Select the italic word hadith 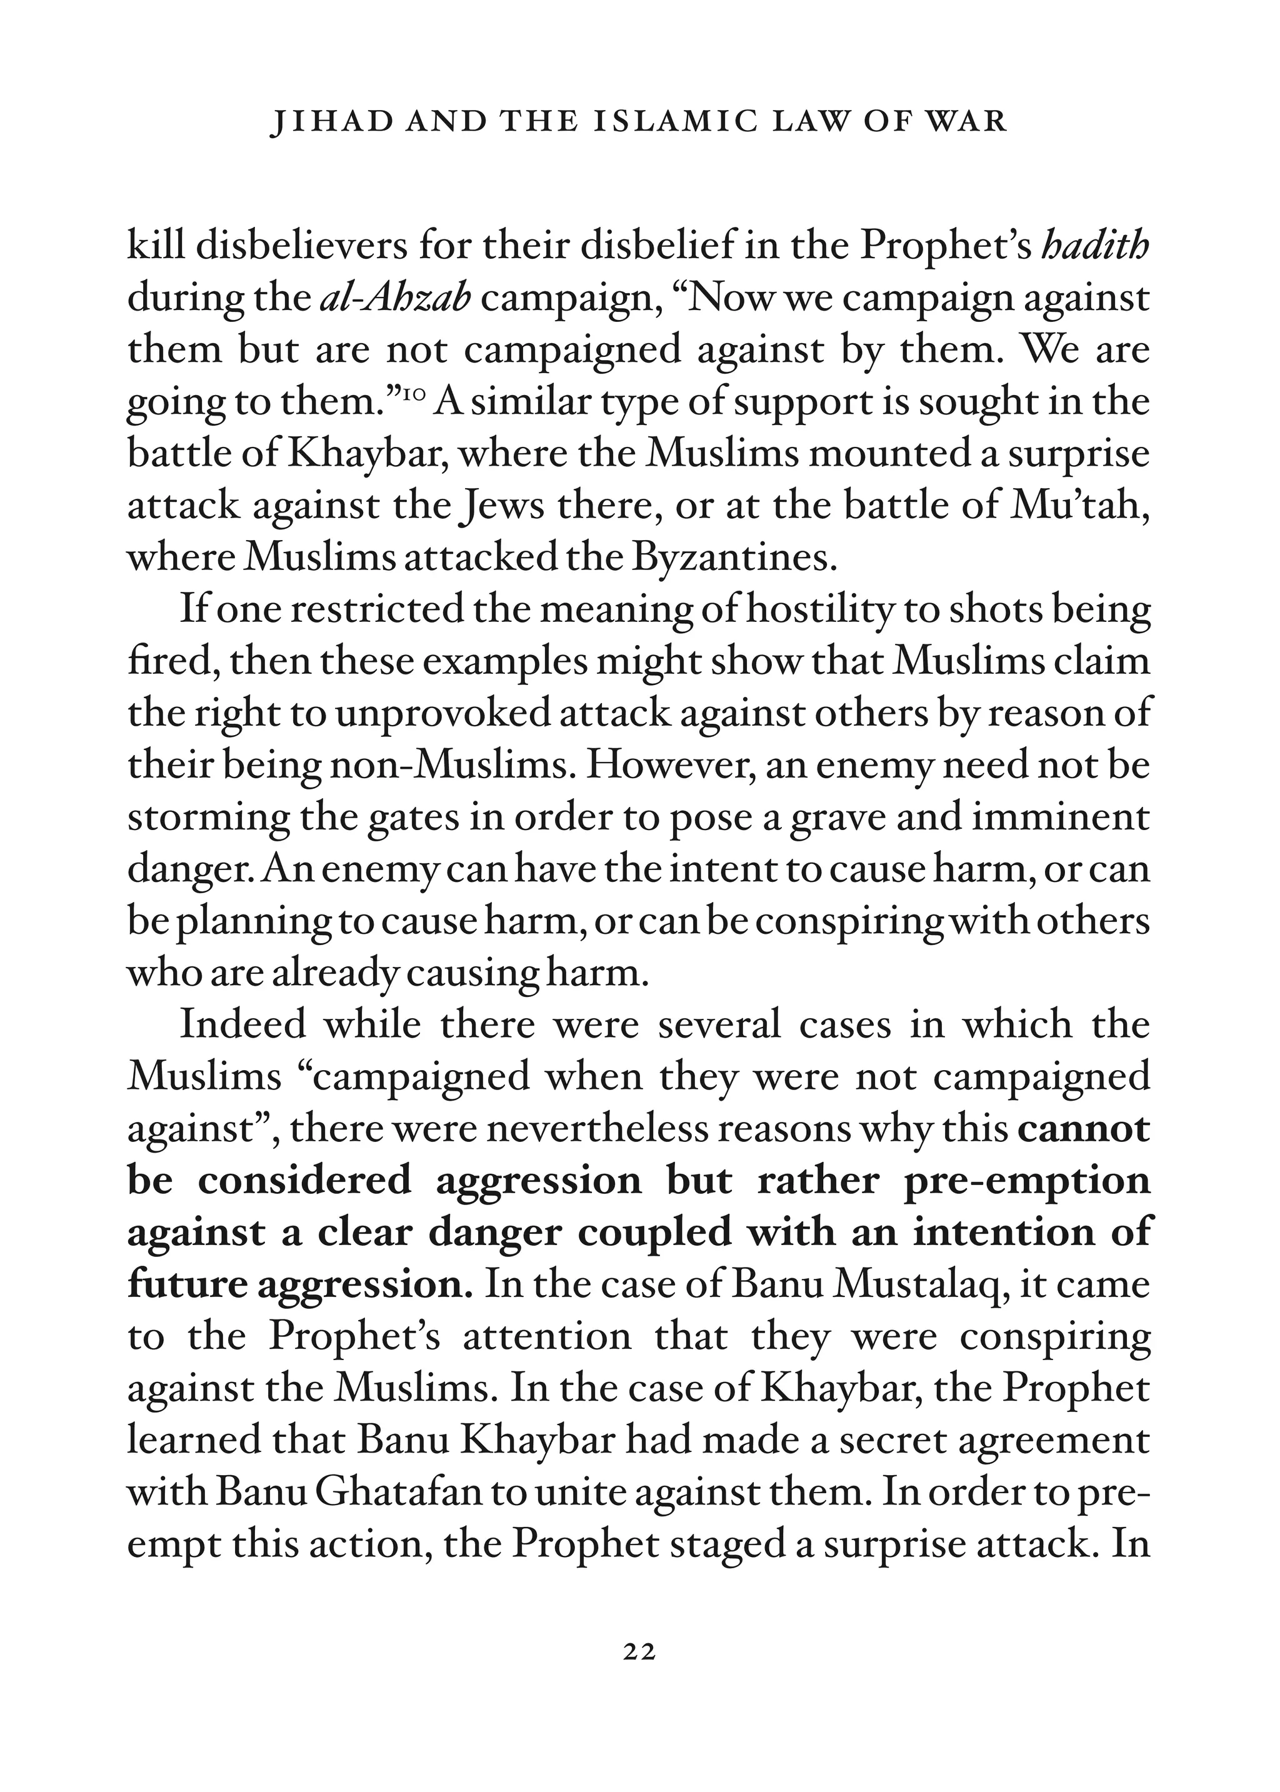(1096, 247)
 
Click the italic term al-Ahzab (396, 299)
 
